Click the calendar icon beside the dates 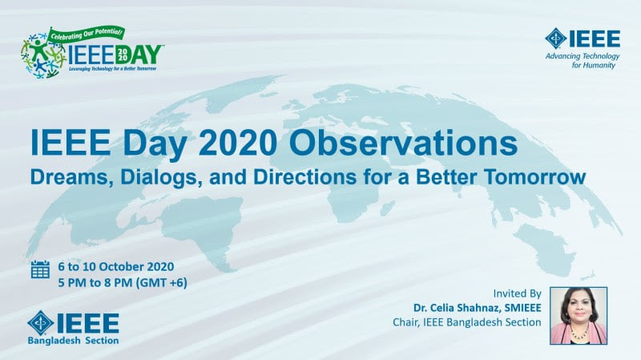[40, 269]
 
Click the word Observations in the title [403, 143]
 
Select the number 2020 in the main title [238, 143]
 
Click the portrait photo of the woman [578, 315]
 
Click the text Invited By [517, 293]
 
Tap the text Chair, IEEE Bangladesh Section [467, 322]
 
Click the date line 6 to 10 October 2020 [116, 267]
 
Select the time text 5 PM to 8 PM [95, 282]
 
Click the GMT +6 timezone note [162, 283]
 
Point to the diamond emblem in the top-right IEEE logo [555, 38]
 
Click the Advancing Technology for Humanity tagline [583, 61]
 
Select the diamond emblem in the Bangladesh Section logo [41, 323]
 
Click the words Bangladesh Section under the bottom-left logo [73, 341]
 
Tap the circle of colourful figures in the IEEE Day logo [42, 56]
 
